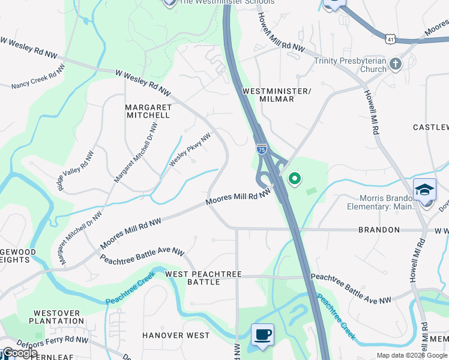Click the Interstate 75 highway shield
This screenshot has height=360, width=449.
[262, 149]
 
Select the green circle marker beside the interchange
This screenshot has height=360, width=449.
[295, 178]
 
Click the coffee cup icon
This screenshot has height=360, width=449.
[262, 334]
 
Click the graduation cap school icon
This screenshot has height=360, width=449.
[424, 190]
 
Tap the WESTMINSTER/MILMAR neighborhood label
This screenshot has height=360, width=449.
[277, 95]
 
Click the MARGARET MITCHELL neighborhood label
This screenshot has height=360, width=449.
[148, 111]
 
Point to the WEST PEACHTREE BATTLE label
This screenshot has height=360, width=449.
[203, 278]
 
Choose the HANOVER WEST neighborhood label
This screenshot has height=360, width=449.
[176, 335]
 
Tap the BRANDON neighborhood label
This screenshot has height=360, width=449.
[379, 230]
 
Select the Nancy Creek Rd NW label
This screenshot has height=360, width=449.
[37, 80]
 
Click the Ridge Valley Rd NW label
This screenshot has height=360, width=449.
[76, 170]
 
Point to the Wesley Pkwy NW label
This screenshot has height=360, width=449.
[190, 150]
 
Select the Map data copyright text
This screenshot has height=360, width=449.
[411, 355]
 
